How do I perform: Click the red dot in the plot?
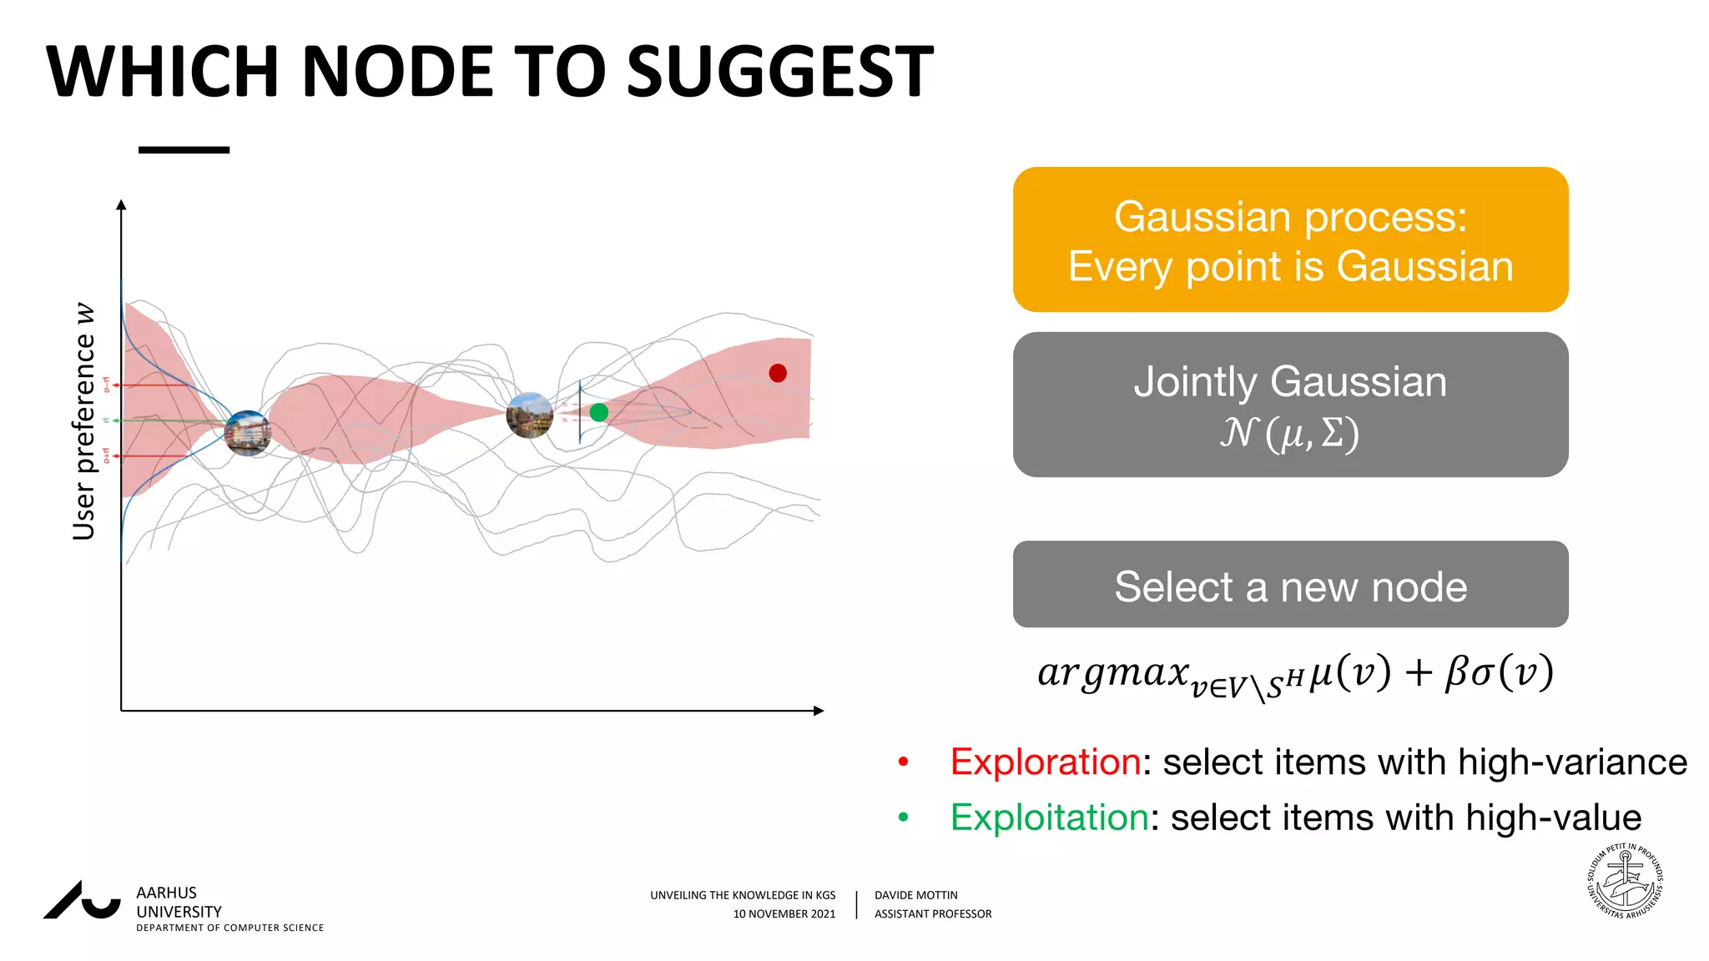click(x=778, y=373)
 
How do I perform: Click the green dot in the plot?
click(x=598, y=412)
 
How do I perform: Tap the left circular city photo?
click(x=248, y=433)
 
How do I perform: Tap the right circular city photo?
click(x=530, y=415)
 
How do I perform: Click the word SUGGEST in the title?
click(x=779, y=73)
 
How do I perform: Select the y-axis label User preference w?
click(x=84, y=421)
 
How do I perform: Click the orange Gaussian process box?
click(x=1290, y=240)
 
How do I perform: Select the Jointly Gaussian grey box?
click(x=1290, y=405)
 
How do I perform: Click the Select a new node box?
click(x=1290, y=585)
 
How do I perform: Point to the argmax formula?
click(x=1294, y=674)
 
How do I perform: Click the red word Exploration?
click(x=1045, y=762)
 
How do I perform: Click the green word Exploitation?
click(x=1049, y=818)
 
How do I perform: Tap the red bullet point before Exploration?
click(x=903, y=762)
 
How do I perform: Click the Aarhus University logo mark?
click(x=82, y=901)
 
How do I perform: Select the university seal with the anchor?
click(x=1624, y=882)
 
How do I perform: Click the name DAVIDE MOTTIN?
click(x=915, y=895)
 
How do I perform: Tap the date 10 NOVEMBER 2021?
click(x=784, y=914)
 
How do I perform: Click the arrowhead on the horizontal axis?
click(x=818, y=711)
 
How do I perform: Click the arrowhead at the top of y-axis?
click(x=121, y=204)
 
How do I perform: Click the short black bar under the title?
click(x=184, y=150)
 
